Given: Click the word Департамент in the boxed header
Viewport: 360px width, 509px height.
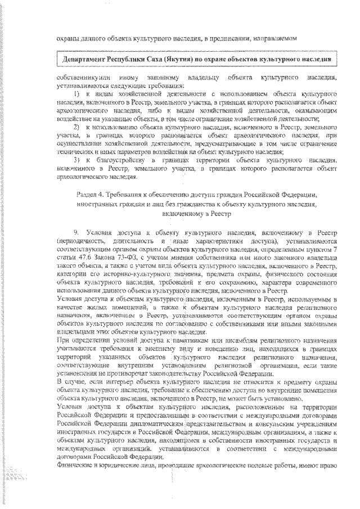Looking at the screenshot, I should tap(86, 58).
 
